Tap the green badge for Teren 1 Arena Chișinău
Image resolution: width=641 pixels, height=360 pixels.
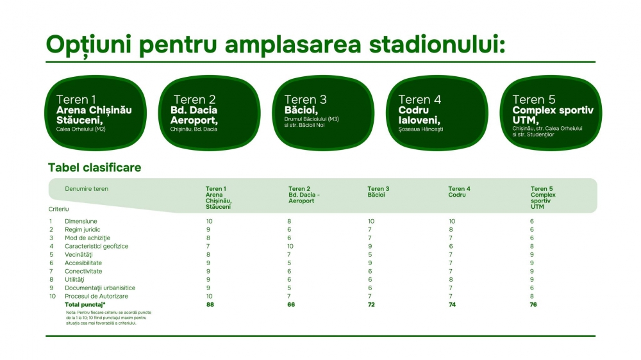tap(96, 113)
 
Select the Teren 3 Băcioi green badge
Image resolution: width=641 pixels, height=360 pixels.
tap(323, 113)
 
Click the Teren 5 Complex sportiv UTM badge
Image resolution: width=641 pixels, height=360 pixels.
tap(551, 113)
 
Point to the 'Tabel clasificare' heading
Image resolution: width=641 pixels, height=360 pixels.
tap(94, 168)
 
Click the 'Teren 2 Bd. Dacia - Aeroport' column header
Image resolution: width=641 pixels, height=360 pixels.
tap(304, 195)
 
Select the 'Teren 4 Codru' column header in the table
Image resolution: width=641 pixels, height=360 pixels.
tap(459, 192)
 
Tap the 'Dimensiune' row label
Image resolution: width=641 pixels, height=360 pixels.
tap(81, 222)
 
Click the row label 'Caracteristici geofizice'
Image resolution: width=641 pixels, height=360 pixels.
tap(97, 247)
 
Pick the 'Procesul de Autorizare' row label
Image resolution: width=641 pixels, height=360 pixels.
tap(97, 296)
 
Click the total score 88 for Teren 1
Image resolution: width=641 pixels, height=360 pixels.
tap(210, 305)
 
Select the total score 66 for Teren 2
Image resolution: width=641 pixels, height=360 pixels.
tap(290, 305)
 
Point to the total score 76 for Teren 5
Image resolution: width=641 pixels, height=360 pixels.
tap(533, 305)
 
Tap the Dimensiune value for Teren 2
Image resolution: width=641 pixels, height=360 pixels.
tap(289, 222)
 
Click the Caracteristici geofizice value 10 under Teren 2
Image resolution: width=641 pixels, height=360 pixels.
tap(290, 247)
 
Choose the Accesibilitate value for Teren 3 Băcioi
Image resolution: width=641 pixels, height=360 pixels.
tap(370, 263)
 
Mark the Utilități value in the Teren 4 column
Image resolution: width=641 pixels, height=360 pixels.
tap(451, 280)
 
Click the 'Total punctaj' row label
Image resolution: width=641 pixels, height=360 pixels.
tap(85, 305)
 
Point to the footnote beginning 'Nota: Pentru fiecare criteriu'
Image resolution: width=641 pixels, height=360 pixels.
tap(109, 318)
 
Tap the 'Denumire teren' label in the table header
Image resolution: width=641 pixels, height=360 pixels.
tap(87, 189)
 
